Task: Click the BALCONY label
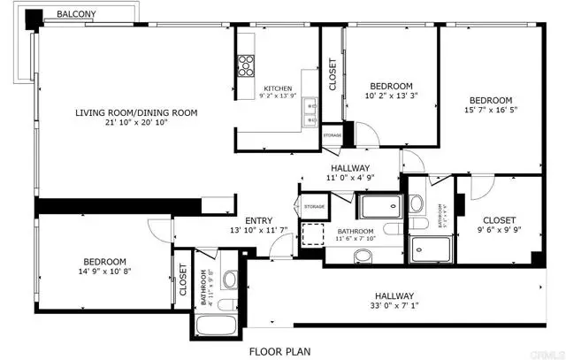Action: [x=77, y=15]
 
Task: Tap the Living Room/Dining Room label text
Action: [x=135, y=113]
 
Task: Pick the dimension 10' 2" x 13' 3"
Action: [x=391, y=98]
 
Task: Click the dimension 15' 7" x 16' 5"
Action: [x=490, y=112]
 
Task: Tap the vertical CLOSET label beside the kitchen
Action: [x=332, y=75]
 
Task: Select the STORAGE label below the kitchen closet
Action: [x=332, y=135]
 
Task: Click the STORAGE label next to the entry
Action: [x=314, y=207]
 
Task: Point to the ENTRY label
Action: [x=258, y=221]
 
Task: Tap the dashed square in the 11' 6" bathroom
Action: [x=311, y=234]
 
